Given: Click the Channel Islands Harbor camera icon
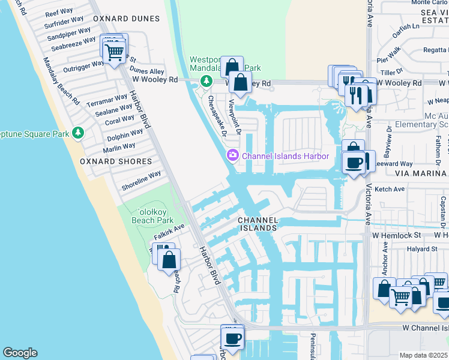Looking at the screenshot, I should (x=232, y=156).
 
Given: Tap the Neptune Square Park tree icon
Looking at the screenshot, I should (x=77, y=132).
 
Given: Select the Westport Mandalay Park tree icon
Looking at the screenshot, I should (x=206, y=80).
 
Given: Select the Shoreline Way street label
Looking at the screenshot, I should (x=142, y=179).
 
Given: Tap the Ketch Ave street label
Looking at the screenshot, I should (x=390, y=189).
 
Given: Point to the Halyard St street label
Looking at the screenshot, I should (x=421, y=249).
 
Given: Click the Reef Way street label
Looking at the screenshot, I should (x=59, y=13).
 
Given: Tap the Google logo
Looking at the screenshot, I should (x=20, y=353).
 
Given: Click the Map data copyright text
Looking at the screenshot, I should (x=424, y=355).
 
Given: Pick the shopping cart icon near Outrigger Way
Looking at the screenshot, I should (x=114, y=52).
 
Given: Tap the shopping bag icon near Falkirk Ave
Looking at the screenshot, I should (x=169, y=260).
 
